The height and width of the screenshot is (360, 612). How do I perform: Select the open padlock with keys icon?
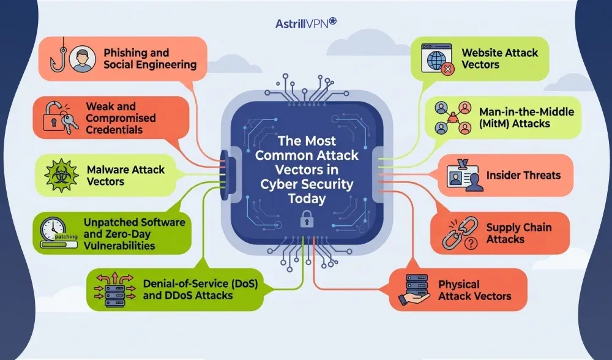59,117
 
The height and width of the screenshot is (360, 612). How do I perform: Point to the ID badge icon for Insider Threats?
463,176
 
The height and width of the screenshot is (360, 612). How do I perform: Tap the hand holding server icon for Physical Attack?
416,290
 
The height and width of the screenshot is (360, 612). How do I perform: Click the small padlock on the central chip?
305,219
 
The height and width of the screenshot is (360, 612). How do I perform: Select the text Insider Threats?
523,176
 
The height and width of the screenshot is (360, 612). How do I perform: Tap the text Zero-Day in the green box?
131,234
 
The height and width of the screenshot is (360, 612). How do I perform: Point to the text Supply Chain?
518,227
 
